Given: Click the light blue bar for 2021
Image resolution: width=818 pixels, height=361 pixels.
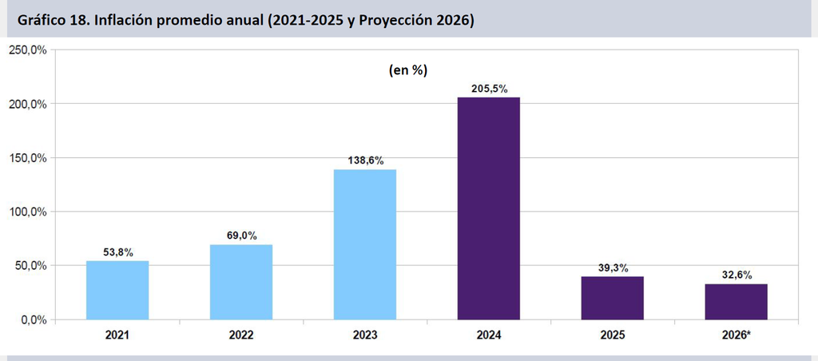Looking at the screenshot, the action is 117,290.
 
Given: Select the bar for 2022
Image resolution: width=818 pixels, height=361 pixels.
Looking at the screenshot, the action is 241,282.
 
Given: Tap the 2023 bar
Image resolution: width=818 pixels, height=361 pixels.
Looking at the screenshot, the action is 365,244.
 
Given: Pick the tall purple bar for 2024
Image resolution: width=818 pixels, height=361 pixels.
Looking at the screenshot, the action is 489,208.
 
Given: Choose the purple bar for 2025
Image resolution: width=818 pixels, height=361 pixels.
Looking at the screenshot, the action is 613,298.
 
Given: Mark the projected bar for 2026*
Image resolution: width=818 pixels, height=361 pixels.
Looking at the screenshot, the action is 736,302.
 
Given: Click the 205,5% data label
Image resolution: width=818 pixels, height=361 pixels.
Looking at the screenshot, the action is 489,89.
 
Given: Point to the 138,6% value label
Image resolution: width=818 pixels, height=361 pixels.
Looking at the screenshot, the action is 365,161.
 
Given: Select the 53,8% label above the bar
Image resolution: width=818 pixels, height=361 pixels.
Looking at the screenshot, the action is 117,252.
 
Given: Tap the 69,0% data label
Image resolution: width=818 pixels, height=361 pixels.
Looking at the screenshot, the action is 241,236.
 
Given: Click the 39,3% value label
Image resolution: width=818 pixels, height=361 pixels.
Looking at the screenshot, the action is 613,268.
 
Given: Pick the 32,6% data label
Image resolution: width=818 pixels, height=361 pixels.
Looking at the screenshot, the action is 736,276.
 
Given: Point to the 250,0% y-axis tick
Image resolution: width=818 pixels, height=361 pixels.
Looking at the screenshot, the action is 27,50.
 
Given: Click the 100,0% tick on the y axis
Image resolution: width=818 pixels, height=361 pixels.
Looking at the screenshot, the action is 27,212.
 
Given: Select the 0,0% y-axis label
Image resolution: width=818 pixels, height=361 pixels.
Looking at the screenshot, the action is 34,319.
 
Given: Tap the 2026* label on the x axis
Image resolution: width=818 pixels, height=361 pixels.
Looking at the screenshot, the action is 736,335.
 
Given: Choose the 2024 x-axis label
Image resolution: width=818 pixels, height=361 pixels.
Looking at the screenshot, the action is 489,335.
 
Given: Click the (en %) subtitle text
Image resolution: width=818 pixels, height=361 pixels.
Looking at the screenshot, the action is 408,71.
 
